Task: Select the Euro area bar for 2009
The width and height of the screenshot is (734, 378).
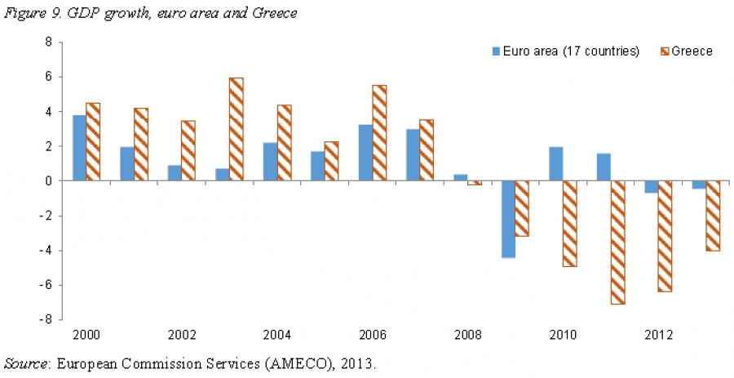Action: pyautogui.click(x=508, y=219)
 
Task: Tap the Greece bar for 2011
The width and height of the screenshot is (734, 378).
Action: pyautogui.click(x=618, y=242)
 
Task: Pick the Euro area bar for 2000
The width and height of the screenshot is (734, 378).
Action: pyautogui.click(x=79, y=148)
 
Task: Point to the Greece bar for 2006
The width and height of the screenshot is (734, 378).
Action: pyautogui.click(x=379, y=133)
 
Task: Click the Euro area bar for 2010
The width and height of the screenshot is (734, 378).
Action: pyautogui.click(x=555, y=164)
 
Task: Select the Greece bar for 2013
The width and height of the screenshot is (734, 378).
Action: pyautogui.click(x=714, y=216)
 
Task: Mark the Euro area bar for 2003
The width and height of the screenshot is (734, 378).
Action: pyautogui.click(x=222, y=175)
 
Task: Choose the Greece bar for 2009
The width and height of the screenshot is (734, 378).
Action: pyautogui.click(x=522, y=208)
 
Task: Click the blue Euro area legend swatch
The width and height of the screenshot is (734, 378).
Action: pyautogui.click(x=496, y=51)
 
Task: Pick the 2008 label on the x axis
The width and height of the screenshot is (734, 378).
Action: pyautogui.click(x=467, y=336)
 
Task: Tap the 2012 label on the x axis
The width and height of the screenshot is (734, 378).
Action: pyautogui.click(x=658, y=336)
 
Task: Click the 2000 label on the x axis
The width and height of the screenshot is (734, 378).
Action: pyautogui.click(x=86, y=336)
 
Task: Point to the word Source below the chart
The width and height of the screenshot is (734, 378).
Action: pyautogui.click(x=25, y=362)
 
